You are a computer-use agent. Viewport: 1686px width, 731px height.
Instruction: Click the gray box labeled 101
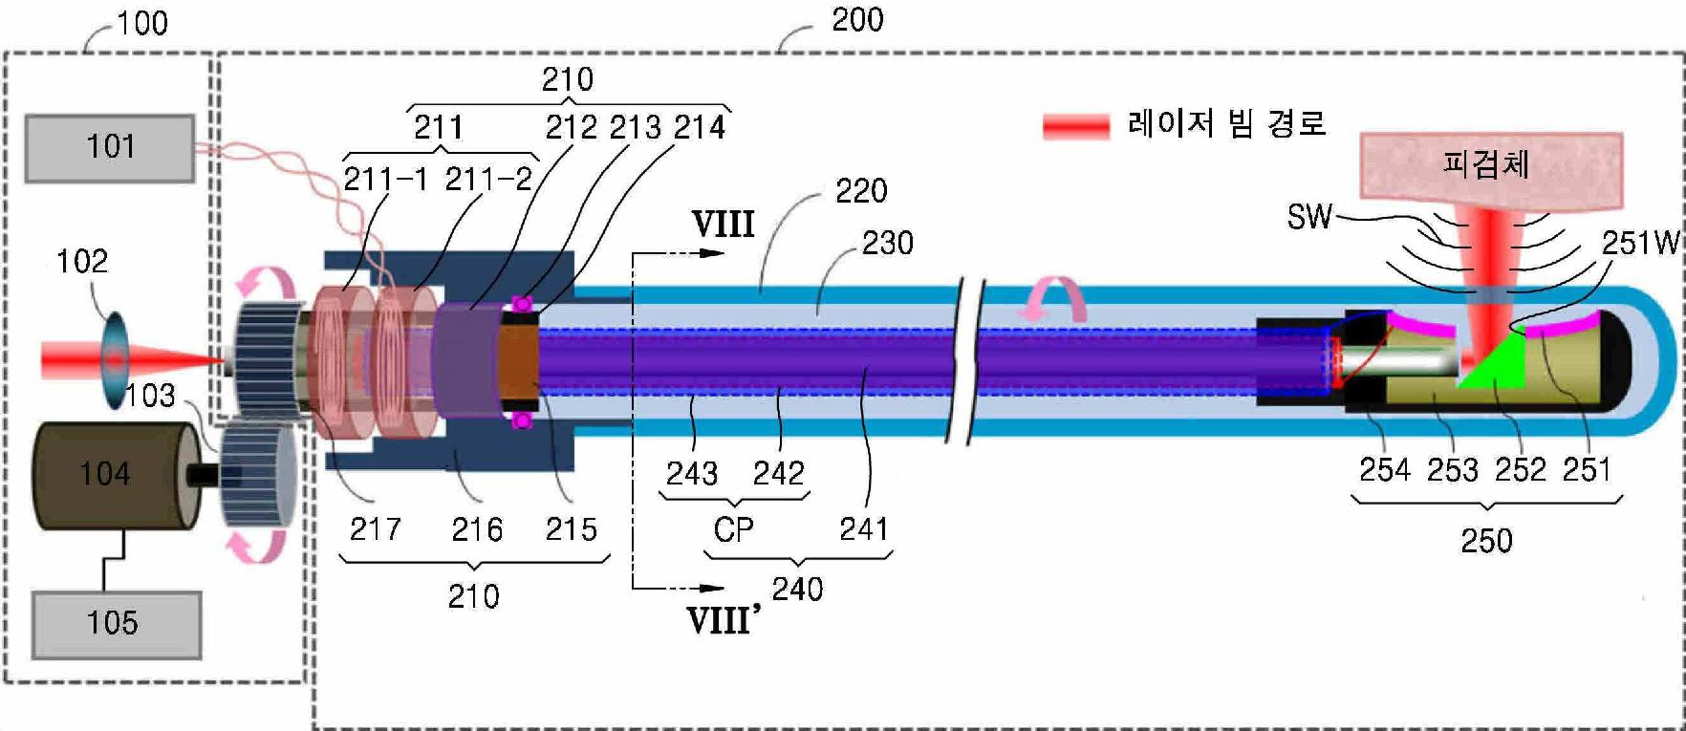click(x=110, y=147)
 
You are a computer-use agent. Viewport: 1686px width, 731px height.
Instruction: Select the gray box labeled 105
click(x=116, y=624)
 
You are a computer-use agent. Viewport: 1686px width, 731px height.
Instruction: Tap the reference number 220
click(x=861, y=191)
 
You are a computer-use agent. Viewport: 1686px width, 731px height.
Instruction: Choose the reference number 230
click(x=887, y=243)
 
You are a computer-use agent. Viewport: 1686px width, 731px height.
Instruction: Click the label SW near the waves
click(x=1308, y=218)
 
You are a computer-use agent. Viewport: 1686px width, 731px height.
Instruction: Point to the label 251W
click(x=1639, y=243)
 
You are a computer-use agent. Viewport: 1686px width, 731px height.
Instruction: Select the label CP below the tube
click(x=733, y=528)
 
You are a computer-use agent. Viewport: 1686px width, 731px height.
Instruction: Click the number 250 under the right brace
click(x=1486, y=541)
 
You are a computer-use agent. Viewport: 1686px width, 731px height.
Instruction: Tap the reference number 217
click(x=375, y=528)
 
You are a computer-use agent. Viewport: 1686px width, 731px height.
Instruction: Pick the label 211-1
click(x=385, y=180)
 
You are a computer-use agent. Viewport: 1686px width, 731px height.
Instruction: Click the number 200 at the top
click(x=857, y=20)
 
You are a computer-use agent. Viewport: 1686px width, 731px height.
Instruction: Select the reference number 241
click(x=863, y=528)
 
